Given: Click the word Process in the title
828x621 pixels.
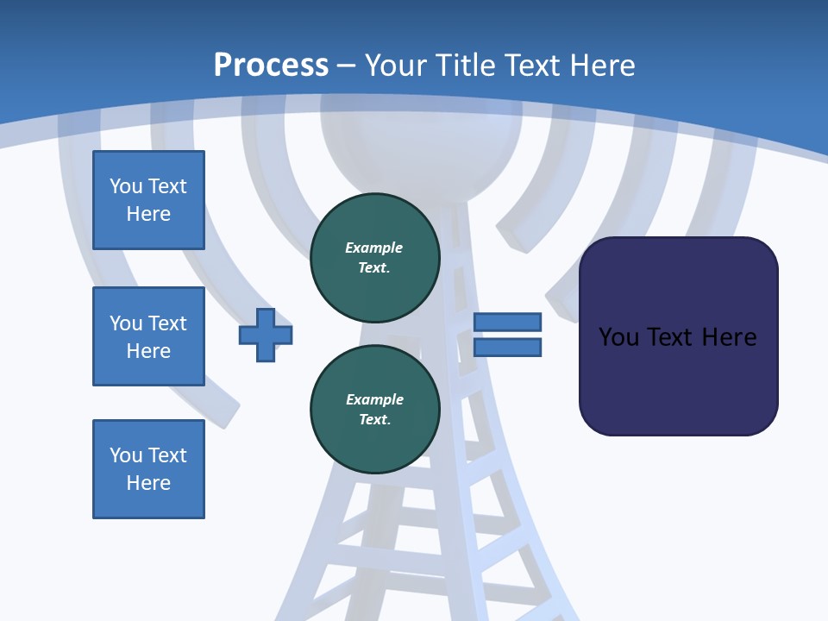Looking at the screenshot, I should tap(271, 66).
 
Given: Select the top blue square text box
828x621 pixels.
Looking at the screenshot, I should tap(148, 200).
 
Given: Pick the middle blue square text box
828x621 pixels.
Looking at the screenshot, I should tap(148, 336).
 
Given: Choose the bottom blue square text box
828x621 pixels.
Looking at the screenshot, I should tap(148, 469).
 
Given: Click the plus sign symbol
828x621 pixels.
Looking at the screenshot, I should tap(266, 335).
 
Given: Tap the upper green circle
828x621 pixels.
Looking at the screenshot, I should tap(375, 257).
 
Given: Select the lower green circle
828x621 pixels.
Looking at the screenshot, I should tap(375, 409).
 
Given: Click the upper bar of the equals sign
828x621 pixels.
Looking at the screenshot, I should tap(508, 322).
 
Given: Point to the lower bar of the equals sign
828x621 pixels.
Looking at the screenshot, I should tap(508, 347).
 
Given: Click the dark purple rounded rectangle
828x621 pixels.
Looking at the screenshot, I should tap(679, 379).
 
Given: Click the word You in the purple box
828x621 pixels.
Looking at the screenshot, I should tap(618, 337).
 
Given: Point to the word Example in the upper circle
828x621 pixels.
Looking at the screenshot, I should tap(374, 248).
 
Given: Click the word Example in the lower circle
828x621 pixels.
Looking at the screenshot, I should tap(374, 399).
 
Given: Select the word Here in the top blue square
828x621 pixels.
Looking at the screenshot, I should tap(148, 214).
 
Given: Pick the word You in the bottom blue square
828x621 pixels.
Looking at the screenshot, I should tap(126, 455).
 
